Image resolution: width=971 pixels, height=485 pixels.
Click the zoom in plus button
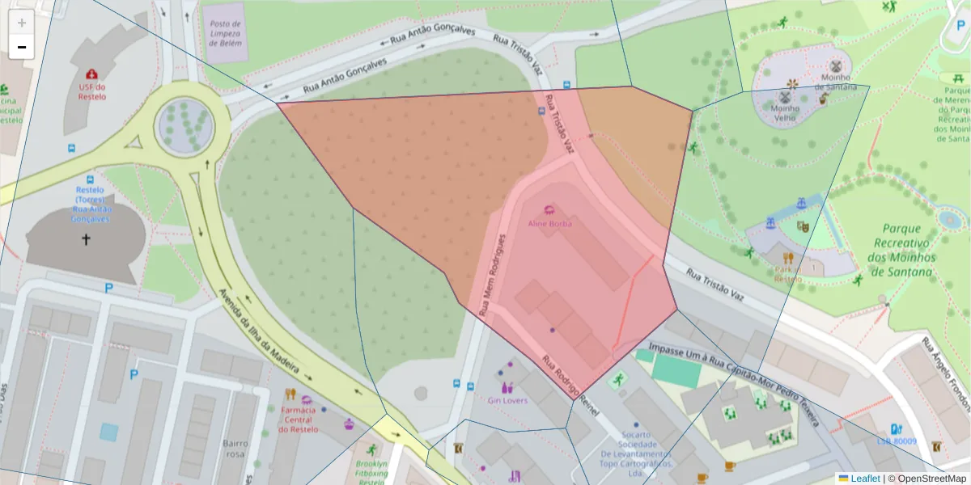[x=22, y=23]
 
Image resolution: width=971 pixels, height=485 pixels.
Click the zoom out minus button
[x=22, y=47]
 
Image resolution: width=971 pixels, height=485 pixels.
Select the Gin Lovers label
[x=507, y=400]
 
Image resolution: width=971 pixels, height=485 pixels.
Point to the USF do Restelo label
[x=92, y=91]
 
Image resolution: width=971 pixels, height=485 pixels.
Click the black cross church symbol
[x=86, y=239]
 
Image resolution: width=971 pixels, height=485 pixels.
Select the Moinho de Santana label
[x=839, y=82]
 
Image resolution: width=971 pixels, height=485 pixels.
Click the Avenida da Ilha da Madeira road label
[x=265, y=333]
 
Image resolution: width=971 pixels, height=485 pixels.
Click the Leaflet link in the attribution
[x=864, y=478]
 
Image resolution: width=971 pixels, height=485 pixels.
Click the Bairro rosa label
[x=235, y=449]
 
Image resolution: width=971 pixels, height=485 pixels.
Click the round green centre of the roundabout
[x=186, y=126]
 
